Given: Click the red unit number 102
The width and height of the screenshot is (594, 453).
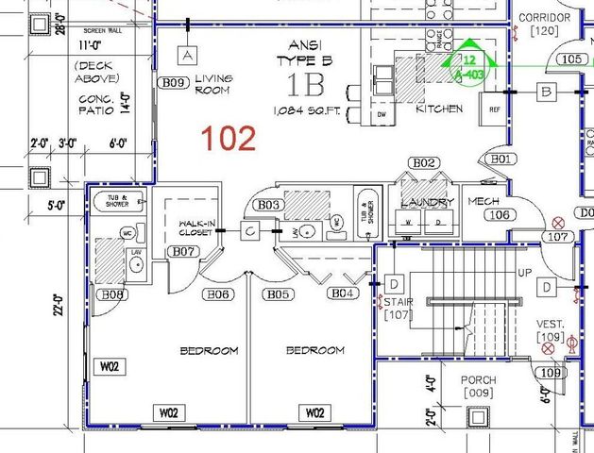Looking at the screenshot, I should (x=228, y=139).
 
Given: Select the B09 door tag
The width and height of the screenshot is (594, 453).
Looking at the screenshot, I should (x=173, y=83).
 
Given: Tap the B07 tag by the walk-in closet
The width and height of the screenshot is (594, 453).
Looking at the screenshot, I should (x=183, y=251).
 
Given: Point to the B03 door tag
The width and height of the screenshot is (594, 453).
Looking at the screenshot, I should (x=269, y=205).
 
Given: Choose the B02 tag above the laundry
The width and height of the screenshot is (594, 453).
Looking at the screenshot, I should (x=425, y=163).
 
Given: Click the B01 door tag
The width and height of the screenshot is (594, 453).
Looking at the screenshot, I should (x=501, y=159).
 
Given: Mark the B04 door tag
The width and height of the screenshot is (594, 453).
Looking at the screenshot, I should (x=343, y=294).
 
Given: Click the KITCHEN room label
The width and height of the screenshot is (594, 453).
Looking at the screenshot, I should (x=439, y=109).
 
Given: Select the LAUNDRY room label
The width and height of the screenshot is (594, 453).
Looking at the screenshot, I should (x=428, y=202).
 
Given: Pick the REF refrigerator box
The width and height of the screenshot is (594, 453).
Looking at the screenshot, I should (x=494, y=109).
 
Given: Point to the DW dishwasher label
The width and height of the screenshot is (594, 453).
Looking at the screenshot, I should (x=382, y=114).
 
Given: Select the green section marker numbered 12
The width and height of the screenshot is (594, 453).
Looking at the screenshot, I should (x=469, y=59).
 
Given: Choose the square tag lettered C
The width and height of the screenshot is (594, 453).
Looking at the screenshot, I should (x=249, y=229).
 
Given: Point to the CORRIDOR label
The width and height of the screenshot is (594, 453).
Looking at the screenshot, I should (x=544, y=18).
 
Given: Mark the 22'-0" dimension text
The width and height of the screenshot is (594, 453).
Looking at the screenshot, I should (x=59, y=303).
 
